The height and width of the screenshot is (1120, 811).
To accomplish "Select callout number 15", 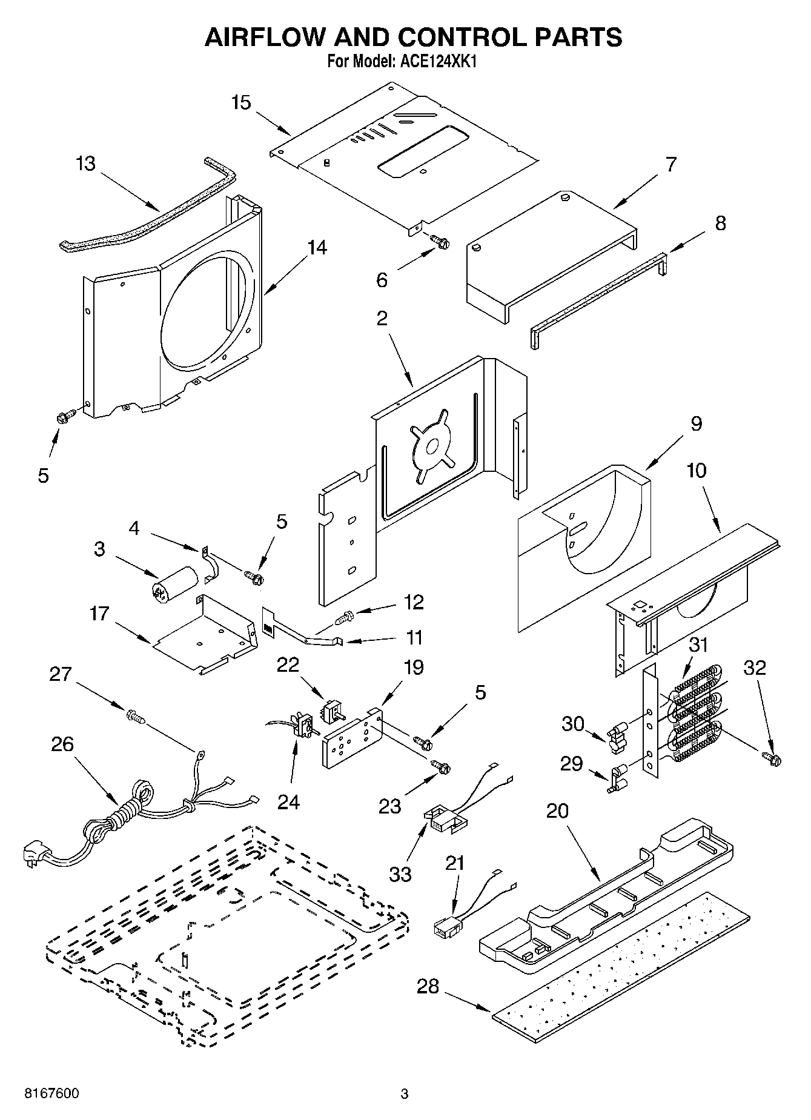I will pyautogui.click(x=241, y=102).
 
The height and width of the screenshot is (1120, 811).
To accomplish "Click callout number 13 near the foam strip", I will pyautogui.click(x=86, y=164).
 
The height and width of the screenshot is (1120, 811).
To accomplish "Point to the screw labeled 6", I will pyautogui.click(x=440, y=242).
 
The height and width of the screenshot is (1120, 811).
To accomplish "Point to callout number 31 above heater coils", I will pyautogui.click(x=698, y=644).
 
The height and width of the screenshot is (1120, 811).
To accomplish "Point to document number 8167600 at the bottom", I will pyautogui.click(x=51, y=1093).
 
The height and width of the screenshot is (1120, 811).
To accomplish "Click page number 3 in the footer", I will pyautogui.click(x=405, y=1094).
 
